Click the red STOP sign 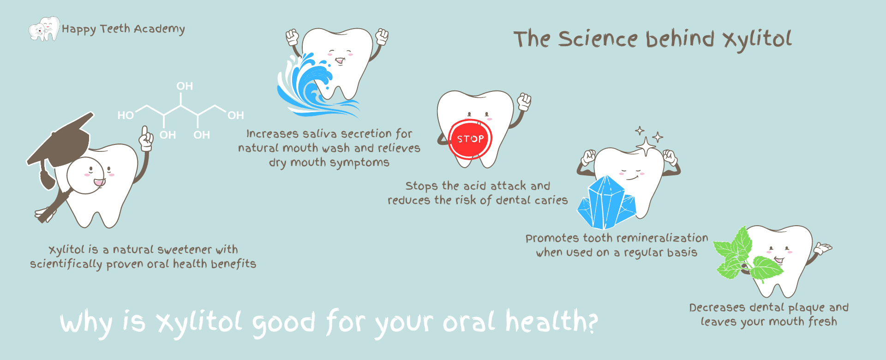[x=470, y=138]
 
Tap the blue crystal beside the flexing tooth [x=606, y=203]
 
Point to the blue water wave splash [x=314, y=85]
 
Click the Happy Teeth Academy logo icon [x=44, y=29]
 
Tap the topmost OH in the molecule [x=185, y=86]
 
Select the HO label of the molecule [x=126, y=115]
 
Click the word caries [x=551, y=200]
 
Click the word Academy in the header [x=160, y=30]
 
